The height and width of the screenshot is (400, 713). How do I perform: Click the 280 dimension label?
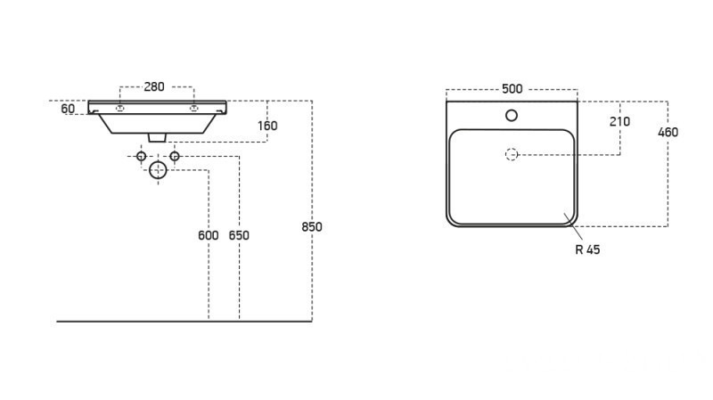(x=154, y=86)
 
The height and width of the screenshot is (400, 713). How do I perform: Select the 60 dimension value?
(x=68, y=110)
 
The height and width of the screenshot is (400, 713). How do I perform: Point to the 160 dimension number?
(x=267, y=126)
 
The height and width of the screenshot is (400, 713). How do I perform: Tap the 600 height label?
(x=208, y=236)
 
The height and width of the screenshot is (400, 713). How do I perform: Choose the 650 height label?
(x=239, y=236)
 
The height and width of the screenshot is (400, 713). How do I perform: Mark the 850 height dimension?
(x=311, y=226)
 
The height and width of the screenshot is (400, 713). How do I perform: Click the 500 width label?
(x=512, y=88)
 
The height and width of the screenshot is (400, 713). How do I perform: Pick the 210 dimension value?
(x=619, y=121)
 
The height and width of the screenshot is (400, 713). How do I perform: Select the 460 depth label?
(x=668, y=132)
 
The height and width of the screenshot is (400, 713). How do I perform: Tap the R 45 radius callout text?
(x=587, y=249)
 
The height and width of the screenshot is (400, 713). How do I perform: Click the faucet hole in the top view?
(x=512, y=115)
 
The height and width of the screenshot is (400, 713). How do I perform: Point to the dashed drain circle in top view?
(x=512, y=154)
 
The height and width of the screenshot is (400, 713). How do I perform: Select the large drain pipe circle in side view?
(x=158, y=169)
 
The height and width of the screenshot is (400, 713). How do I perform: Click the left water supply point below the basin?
(x=141, y=156)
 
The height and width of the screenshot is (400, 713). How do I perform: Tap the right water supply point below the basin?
(x=175, y=156)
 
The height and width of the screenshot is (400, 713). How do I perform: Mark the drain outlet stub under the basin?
(x=159, y=137)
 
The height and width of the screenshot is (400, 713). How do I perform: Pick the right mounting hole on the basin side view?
(x=193, y=108)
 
